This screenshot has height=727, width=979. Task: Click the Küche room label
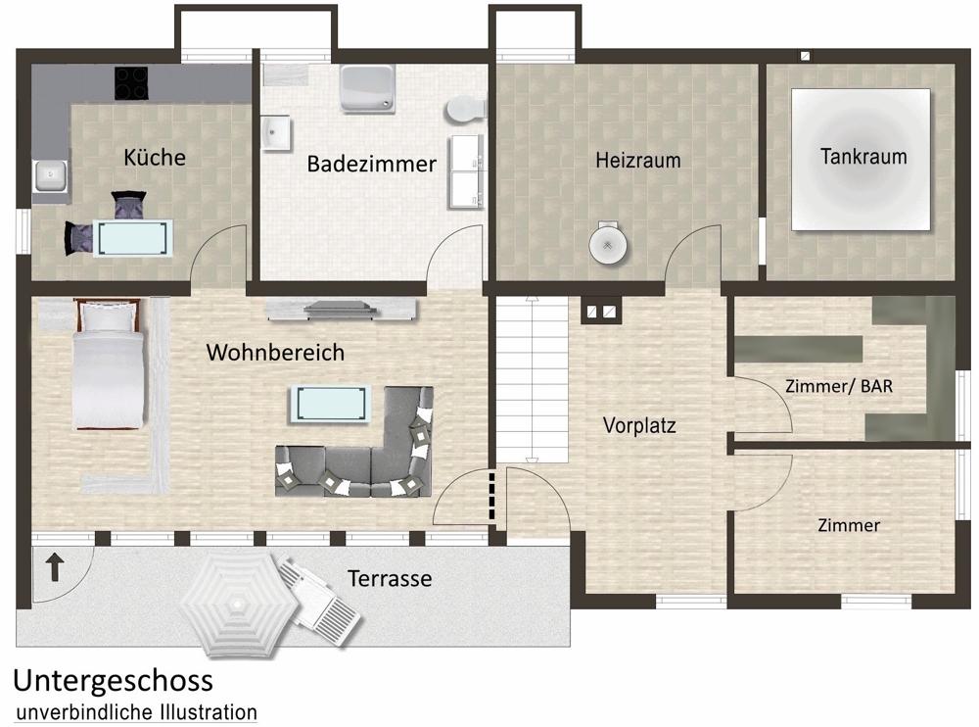(x=155, y=157)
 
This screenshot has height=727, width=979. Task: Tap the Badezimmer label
(x=371, y=164)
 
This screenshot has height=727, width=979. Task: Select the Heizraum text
(x=637, y=160)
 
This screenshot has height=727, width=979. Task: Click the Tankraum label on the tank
(x=862, y=156)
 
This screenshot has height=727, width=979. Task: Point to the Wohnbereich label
(x=275, y=353)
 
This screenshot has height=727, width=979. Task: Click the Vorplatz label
(x=639, y=426)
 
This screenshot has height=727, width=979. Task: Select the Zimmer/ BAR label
(x=839, y=386)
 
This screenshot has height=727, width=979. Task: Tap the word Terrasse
(x=390, y=579)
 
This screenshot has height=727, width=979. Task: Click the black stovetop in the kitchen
(x=131, y=82)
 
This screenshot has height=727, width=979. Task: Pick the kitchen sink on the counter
(x=48, y=177)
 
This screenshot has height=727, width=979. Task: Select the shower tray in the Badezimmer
(x=365, y=89)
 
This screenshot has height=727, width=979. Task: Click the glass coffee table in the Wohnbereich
(x=329, y=402)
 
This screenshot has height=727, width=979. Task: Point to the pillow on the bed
(x=107, y=316)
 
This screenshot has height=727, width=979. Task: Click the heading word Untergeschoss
(x=113, y=680)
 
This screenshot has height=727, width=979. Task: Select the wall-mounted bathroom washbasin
(x=276, y=133)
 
